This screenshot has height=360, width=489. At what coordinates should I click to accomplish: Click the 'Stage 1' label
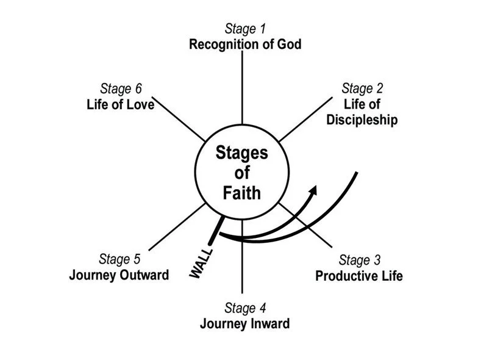pos(245,28)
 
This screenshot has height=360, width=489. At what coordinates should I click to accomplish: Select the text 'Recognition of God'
pos(245,44)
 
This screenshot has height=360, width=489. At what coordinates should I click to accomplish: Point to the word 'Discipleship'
pos(362,120)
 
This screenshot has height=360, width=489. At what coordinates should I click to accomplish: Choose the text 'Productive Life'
pos(359,276)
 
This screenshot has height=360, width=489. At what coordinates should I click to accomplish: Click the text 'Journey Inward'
pos(245,323)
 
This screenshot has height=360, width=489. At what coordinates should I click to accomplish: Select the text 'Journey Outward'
pos(119,275)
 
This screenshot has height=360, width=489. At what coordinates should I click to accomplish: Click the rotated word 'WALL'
pos(201,264)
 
